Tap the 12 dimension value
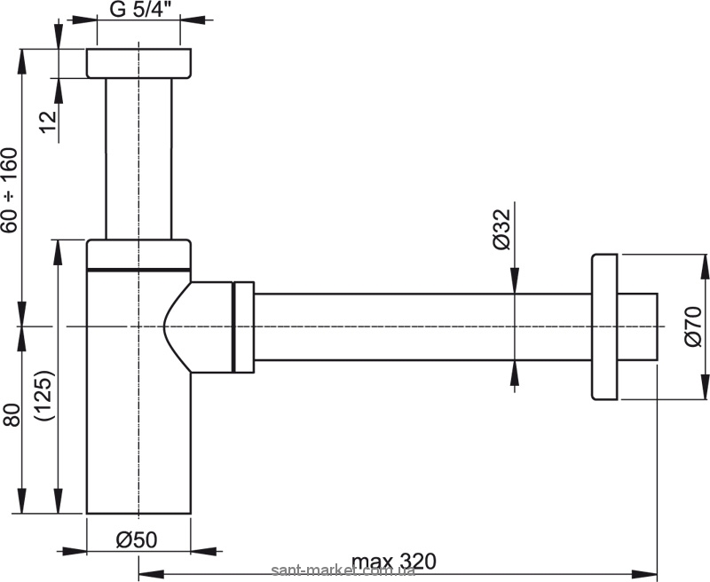49,122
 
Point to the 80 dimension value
12,414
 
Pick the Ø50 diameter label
137,539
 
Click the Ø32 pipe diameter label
501,229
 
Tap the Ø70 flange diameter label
693,326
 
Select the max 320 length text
393,562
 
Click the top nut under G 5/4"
138,63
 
